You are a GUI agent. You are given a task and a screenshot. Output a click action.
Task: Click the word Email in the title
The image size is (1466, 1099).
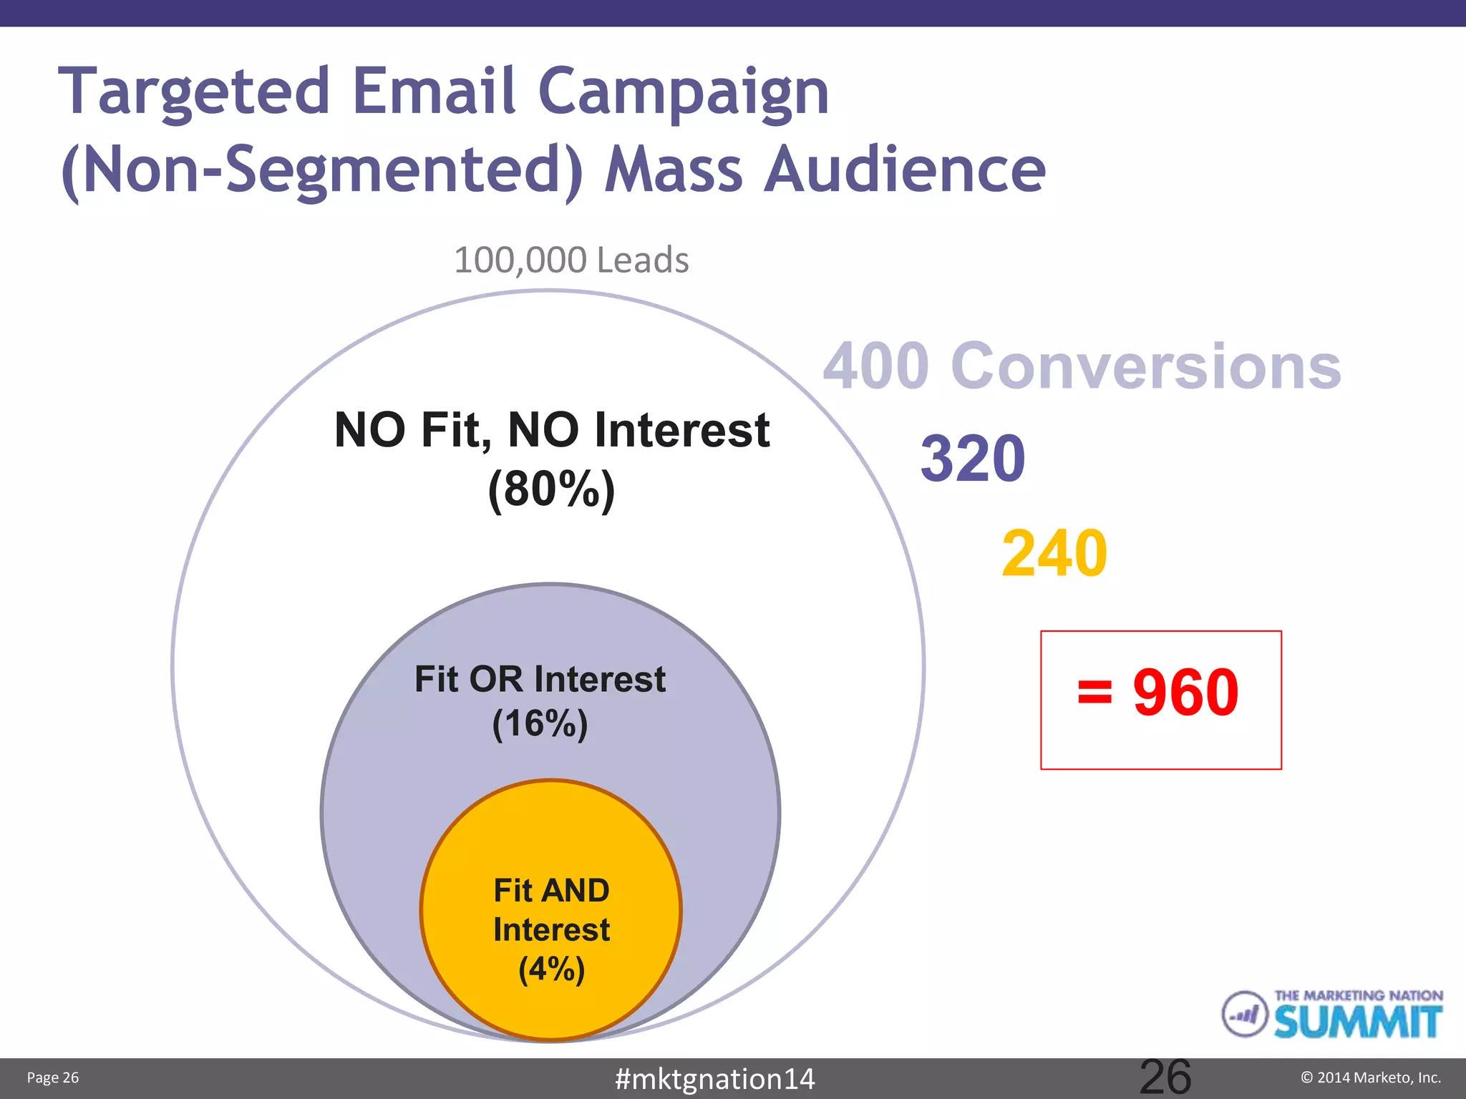click(x=434, y=91)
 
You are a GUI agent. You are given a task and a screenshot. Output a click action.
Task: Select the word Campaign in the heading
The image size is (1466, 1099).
click(x=683, y=93)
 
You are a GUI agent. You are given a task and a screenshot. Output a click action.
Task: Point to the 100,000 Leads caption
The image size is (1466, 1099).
click(x=571, y=260)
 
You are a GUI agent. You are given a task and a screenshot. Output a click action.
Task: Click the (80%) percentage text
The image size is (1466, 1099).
click(x=551, y=490)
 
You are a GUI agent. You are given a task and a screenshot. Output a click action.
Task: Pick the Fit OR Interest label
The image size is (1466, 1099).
click(x=540, y=679)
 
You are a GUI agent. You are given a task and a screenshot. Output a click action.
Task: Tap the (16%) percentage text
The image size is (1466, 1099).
click(x=540, y=723)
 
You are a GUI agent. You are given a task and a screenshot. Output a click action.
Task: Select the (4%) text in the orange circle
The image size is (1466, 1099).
click(x=551, y=969)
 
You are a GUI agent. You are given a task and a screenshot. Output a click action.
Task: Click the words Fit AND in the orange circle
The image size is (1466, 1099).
click(x=551, y=891)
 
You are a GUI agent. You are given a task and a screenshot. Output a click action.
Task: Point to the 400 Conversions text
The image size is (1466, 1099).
click(x=1082, y=366)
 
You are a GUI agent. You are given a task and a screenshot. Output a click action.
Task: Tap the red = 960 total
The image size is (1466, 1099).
click(x=1159, y=693)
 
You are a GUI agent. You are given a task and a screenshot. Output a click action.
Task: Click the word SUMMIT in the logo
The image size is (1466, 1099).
click(x=1357, y=1022)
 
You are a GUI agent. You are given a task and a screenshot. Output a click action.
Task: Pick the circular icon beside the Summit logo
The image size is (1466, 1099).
click(x=1244, y=1014)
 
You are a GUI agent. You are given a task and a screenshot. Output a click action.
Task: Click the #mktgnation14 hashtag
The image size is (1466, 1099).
click(x=714, y=1079)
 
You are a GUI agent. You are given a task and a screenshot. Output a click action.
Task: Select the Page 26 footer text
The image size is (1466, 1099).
click(x=53, y=1078)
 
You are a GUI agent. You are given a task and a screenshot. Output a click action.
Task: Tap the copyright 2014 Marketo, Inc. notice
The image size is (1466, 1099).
click(x=1370, y=1078)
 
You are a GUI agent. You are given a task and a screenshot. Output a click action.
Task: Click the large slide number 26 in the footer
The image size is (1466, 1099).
click(x=1165, y=1077)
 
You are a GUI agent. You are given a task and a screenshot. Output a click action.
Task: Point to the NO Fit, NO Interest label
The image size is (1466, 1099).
click(x=551, y=431)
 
